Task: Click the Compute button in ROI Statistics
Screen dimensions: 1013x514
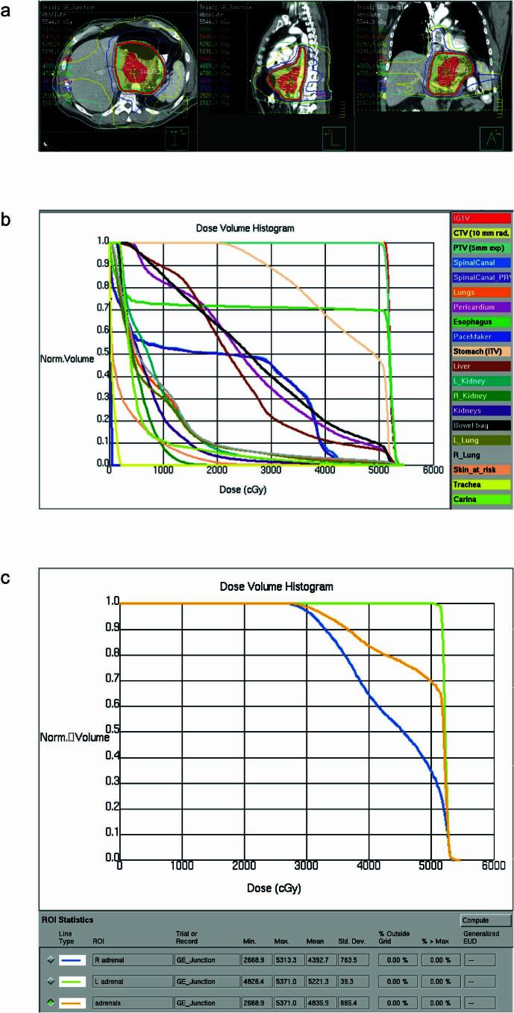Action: coord(486,920)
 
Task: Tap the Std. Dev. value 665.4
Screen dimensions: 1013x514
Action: coord(351,1001)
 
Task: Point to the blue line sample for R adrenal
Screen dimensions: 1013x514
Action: coord(72,960)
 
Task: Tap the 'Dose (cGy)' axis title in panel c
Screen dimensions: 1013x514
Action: coord(275,888)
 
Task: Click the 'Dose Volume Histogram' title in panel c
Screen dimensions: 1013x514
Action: coord(276,586)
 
